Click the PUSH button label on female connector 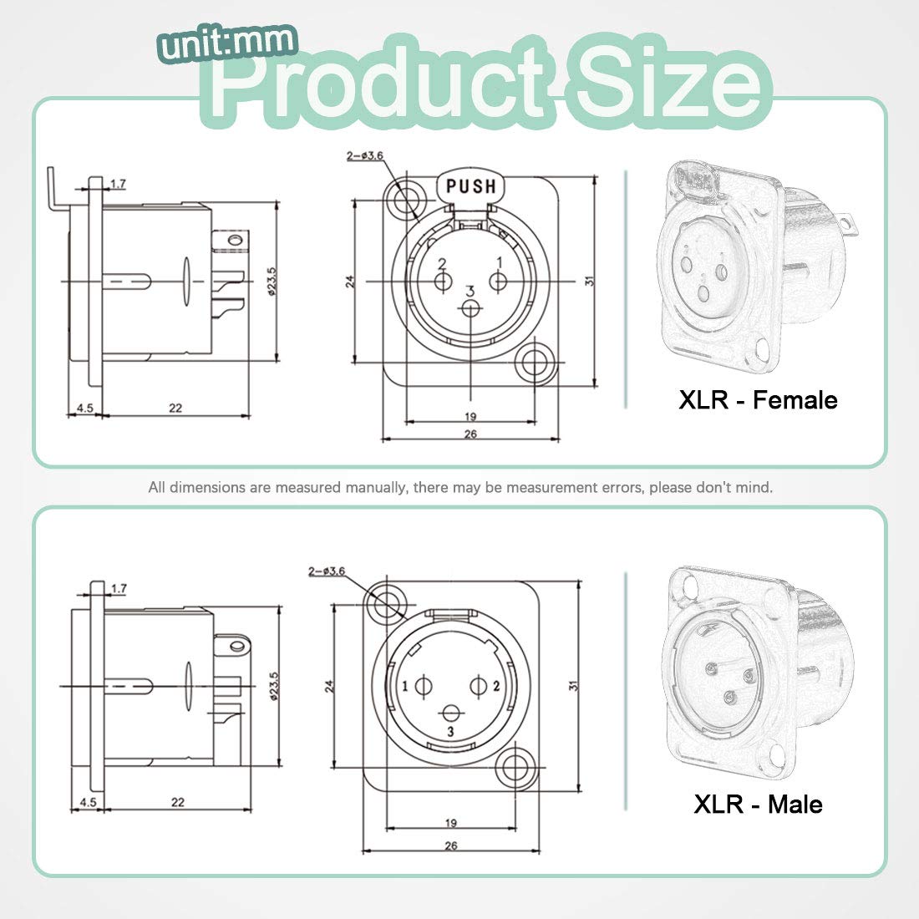(x=470, y=186)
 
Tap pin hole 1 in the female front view (x=498, y=282)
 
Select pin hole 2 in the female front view (x=443, y=282)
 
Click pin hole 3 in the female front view (x=470, y=310)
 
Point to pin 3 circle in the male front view (x=452, y=713)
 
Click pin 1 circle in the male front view (x=424, y=687)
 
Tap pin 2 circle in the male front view (x=479, y=687)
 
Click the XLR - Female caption (x=758, y=399)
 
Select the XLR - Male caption (x=758, y=804)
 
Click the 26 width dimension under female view (x=470, y=434)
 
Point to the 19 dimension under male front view (x=451, y=823)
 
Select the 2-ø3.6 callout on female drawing (x=364, y=156)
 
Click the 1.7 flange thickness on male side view (x=118, y=589)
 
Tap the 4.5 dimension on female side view (x=84, y=408)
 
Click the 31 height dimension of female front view (x=590, y=282)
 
